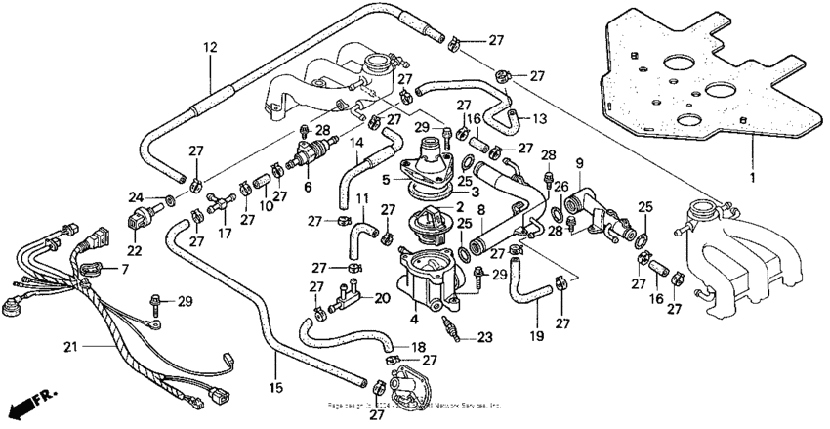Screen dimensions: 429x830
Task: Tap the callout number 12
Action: pos(209,47)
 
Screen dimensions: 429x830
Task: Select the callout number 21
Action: pos(69,346)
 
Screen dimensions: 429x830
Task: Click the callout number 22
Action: pos(133,250)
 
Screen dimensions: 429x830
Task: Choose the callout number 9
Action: pos(578,162)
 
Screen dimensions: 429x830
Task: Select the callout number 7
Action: pos(124,268)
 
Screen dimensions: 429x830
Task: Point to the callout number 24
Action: pos(136,197)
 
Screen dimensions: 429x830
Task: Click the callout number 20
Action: pos(381,297)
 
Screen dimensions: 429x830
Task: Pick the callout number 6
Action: pos(309,187)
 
